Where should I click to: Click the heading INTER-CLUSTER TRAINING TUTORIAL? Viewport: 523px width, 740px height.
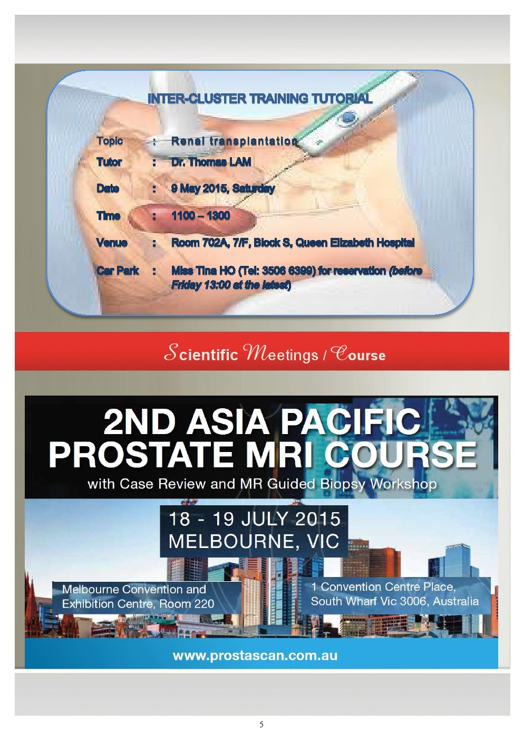coord(260,98)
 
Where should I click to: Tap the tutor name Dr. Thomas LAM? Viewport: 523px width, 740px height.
coord(211,162)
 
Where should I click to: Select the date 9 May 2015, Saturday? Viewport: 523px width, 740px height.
coord(223,188)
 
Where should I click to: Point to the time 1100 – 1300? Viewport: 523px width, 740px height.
coord(200,215)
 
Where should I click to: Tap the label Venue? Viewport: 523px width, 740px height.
coord(112,243)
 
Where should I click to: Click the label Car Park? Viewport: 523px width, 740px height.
coord(118,271)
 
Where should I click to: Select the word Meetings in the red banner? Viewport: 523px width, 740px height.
coord(280,353)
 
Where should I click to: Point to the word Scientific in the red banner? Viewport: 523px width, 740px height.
coord(201,353)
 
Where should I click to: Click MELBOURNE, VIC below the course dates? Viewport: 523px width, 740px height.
coord(254,541)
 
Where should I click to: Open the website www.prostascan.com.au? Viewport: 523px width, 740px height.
coord(255,656)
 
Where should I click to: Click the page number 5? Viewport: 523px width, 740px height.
coord(261,725)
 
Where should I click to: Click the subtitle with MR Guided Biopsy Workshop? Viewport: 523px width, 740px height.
coord(262,484)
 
